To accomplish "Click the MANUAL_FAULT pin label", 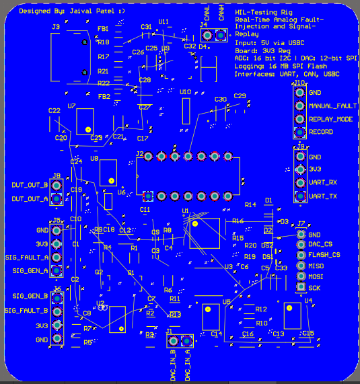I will (x=332, y=106).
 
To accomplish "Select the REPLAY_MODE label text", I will (x=330, y=119).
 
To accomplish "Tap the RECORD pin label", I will (x=321, y=132).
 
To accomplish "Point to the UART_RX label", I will (x=322, y=182).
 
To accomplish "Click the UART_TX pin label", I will (x=322, y=196).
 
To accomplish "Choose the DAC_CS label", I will (x=320, y=244).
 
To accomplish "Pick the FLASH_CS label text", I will (x=324, y=255).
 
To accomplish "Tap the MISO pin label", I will (x=315, y=266).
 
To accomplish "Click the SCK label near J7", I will (x=314, y=288).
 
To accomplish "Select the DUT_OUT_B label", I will (x=30, y=185).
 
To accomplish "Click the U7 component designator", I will (x=71, y=106).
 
